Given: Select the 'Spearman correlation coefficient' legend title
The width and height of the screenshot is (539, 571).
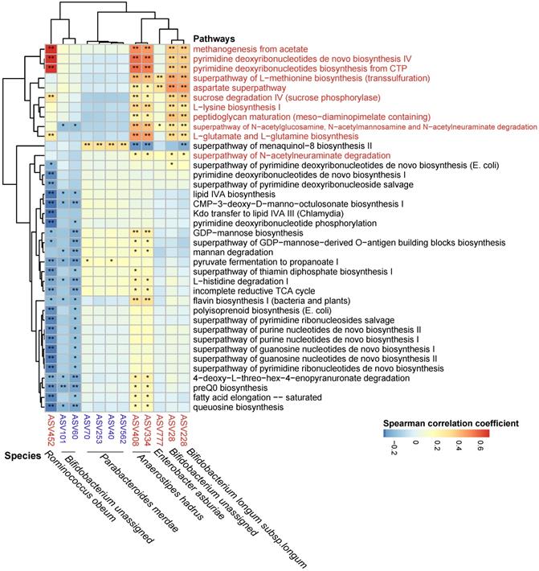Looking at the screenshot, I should coord(451,422).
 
